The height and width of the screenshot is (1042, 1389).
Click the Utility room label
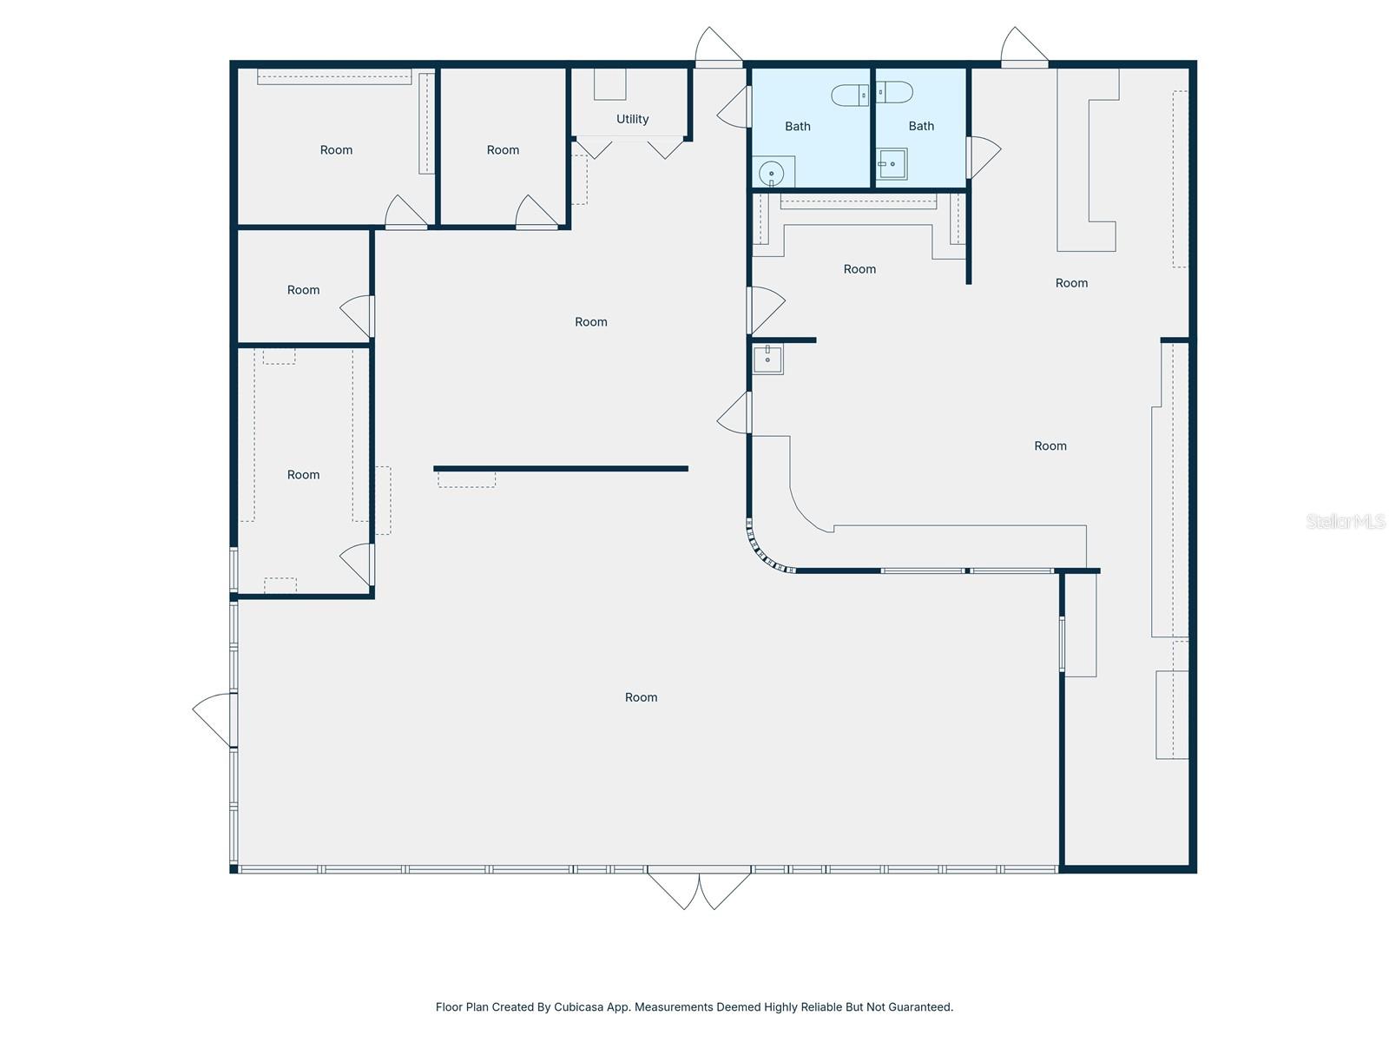pos(632,119)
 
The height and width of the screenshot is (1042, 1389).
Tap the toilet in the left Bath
pos(849,95)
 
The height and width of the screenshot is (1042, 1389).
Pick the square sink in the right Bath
pos(891,163)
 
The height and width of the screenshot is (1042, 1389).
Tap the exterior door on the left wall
pos(214,719)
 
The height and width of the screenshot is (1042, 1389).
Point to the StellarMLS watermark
pos(1346,521)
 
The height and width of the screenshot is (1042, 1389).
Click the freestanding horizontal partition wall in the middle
pos(561,469)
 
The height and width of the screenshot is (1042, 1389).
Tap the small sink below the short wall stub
pos(767,358)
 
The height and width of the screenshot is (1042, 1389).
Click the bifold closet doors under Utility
pos(630,148)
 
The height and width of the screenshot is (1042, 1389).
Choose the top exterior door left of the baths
pos(719,47)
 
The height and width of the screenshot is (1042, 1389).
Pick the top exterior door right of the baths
pos(1024,47)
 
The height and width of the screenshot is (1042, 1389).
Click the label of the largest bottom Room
pos(641,697)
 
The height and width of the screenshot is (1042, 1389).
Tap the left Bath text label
pos(797,127)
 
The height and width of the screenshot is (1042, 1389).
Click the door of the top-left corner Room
pos(405,213)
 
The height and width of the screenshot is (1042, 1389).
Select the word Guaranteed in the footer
pos(922,1007)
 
